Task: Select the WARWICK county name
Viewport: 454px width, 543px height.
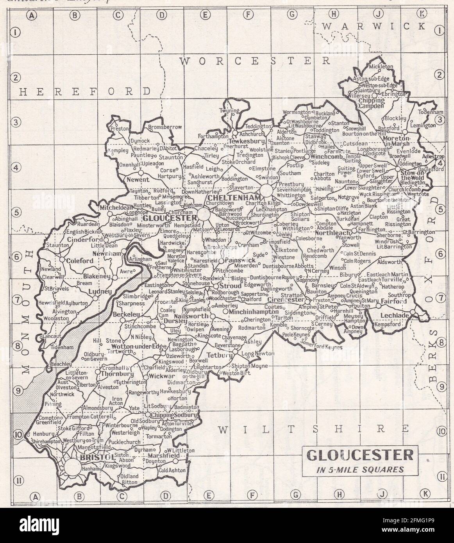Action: point(374,26)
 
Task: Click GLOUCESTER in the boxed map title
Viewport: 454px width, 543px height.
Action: point(359,455)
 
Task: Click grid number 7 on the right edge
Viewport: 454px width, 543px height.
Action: point(441,298)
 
